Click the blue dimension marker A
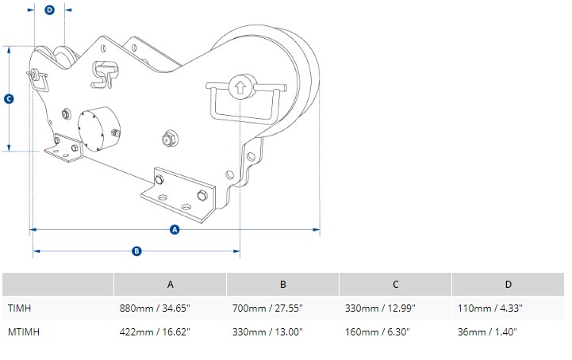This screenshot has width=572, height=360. (x=175, y=230)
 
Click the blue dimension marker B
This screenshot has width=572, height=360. (x=136, y=251)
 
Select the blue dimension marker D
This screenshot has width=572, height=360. (x=50, y=10)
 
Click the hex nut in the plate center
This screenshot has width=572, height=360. (x=167, y=139)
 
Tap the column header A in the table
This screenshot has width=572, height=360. (x=170, y=284)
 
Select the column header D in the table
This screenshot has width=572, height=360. (x=509, y=284)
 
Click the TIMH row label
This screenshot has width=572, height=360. (x=20, y=307)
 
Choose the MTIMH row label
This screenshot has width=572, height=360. (x=24, y=331)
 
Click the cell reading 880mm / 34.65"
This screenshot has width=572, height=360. (x=155, y=307)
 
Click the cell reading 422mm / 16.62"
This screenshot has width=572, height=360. (x=155, y=331)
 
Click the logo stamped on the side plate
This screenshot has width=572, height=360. (x=103, y=75)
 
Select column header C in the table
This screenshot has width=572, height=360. (x=396, y=284)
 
